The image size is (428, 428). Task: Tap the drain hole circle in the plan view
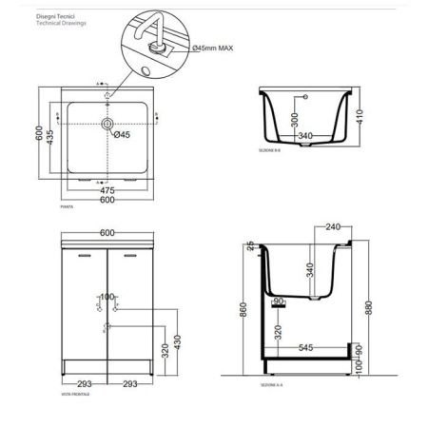pos(108,124)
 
